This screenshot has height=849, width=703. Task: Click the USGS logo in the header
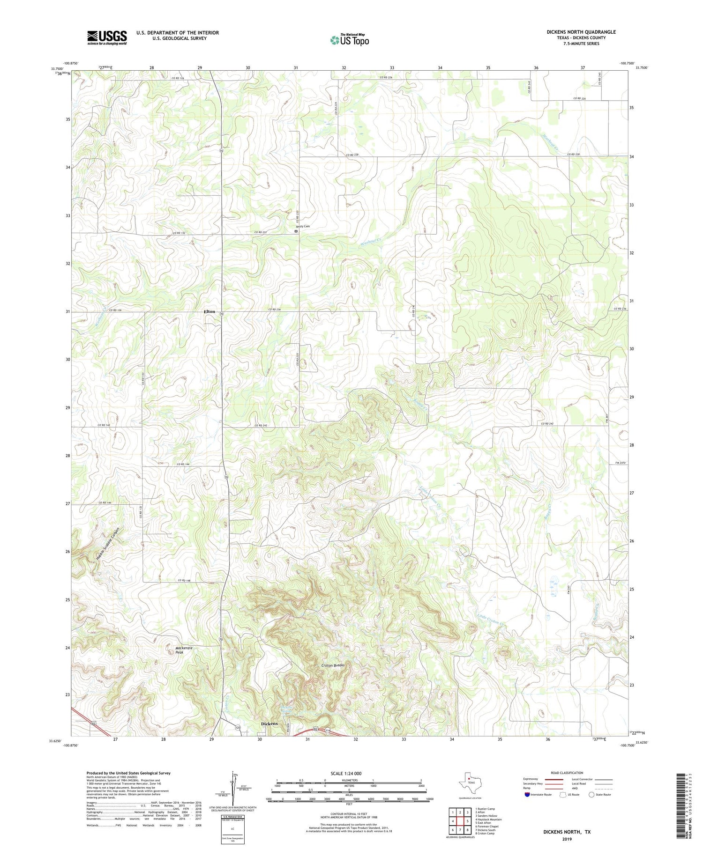pos(107,37)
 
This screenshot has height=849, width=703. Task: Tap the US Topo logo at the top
pos(349,40)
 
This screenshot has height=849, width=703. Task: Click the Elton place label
pos(209,311)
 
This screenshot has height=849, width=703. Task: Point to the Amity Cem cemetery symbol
pos(296,231)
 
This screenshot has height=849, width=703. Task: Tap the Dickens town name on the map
pos(269,723)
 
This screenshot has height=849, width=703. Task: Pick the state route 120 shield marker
pos(238,728)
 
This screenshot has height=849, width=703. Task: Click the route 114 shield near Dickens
pos(328,730)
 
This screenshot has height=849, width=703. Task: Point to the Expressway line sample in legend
pos(554,779)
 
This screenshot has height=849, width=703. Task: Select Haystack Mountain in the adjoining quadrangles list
pos(489,819)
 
